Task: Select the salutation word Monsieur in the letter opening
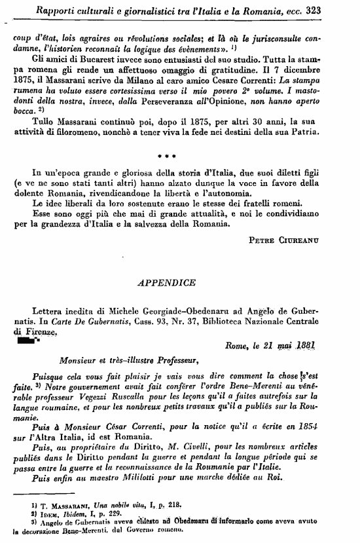(79, 360)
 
